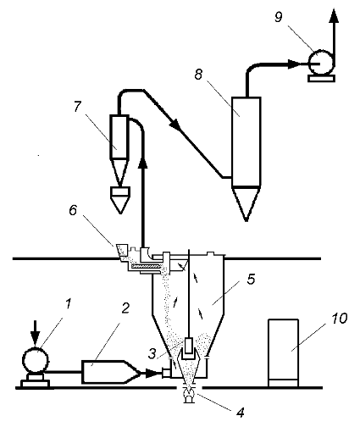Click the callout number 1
coord(68,305)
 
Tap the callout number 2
coord(125,308)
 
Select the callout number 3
coord(152,353)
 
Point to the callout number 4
coord(240,413)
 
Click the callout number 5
coord(251,279)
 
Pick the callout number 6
coord(73,210)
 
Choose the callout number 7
coord(77,107)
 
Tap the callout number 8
coord(198,74)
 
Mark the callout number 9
coord(278,17)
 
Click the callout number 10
coord(339,319)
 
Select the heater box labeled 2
coord(111,372)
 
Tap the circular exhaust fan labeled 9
coord(321,64)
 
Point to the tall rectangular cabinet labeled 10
coord(283,352)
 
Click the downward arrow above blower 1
coord(36,333)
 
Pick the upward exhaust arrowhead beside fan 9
coord(334,15)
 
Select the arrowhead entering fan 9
coord(295,64)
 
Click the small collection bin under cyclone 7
coord(120,200)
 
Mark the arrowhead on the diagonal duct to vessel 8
coord(174,125)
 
